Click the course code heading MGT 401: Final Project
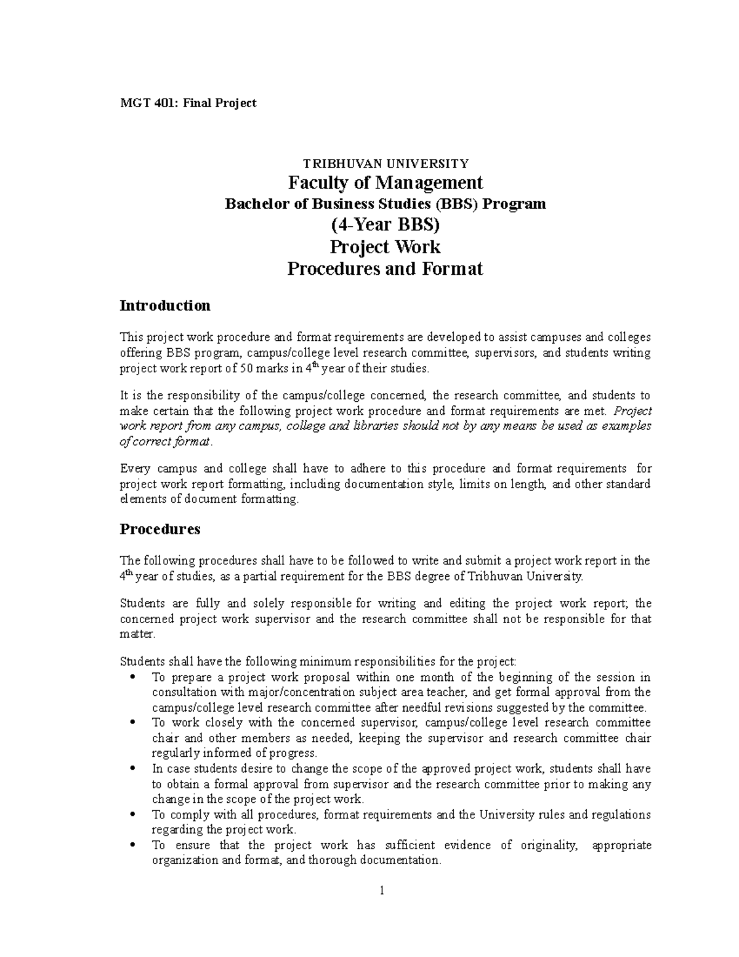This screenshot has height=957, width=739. tap(188, 103)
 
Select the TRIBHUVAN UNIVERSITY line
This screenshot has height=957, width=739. tap(385, 163)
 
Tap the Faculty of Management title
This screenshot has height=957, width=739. tap(386, 182)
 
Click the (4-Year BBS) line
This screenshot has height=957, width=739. tap(386, 225)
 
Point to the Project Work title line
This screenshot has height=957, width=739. tap(386, 246)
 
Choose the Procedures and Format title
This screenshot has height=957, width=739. tap(386, 269)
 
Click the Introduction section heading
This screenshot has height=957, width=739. tap(165, 306)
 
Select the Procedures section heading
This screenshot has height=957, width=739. tap(160, 529)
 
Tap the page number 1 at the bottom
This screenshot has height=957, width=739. tap(382, 890)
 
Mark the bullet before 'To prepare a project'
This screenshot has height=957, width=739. tap(133, 677)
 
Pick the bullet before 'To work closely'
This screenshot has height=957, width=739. tap(133, 723)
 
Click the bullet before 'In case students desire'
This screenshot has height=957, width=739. tap(133, 769)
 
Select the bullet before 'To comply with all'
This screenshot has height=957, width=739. tap(133, 815)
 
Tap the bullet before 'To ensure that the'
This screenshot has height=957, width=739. tap(133, 845)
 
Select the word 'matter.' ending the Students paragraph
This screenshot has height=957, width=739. tap(134, 634)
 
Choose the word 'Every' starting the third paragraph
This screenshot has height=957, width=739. tap(135, 469)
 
